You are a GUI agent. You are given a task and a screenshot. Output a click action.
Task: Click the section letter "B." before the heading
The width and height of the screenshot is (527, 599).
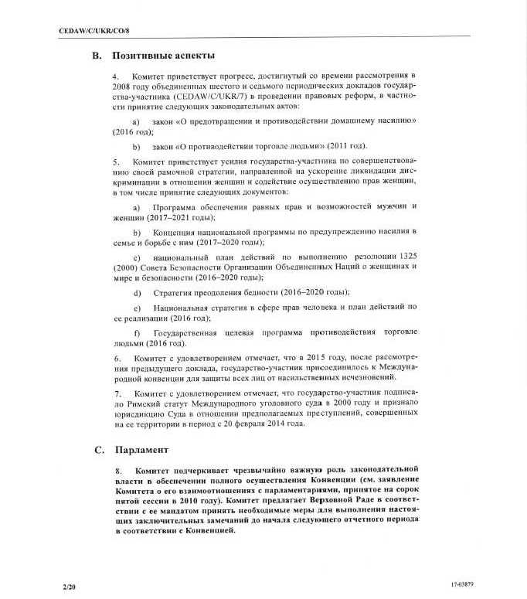97,56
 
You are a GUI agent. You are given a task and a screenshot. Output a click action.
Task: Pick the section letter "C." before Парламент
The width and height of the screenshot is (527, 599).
98,449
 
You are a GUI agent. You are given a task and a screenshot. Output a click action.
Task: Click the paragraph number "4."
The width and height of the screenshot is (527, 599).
117,77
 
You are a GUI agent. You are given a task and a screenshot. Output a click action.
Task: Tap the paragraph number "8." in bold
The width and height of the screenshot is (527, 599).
117,470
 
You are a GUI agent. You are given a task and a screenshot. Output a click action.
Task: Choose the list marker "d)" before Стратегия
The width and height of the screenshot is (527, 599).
137,292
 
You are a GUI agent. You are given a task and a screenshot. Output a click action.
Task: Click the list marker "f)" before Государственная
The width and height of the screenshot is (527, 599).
137,332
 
